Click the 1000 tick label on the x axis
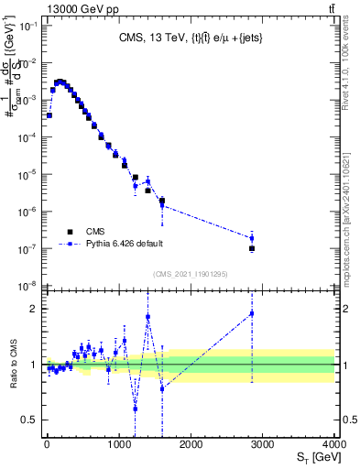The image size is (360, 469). coord(118,444)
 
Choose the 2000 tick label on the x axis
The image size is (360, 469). coord(191,444)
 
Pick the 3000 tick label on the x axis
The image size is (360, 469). coord(263,444)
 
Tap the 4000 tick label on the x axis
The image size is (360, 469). coord(333,444)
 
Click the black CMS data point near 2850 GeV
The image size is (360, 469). coord(252,248)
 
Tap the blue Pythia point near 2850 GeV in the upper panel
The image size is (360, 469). coord(252,238)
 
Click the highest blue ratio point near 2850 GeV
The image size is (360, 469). coord(252,313)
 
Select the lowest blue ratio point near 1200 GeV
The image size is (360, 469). coord(135,409)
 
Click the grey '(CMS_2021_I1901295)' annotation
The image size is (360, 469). coord(190,274)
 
